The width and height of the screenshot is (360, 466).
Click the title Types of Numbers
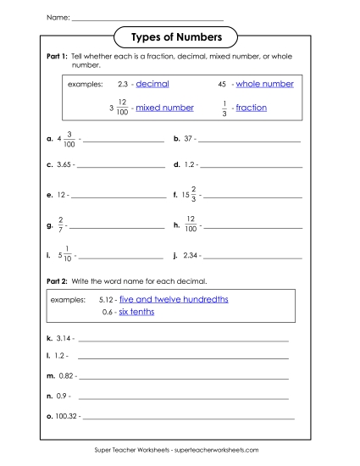click(x=176, y=37)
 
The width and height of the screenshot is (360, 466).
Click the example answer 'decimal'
click(x=152, y=84)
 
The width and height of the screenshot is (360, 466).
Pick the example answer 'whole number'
click(x=264, y=84)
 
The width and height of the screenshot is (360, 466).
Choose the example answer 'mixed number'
click(x=164, y=108)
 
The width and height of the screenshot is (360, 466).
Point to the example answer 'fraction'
click(x=251, y=108)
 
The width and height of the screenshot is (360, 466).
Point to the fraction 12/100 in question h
click(x=191, y=225)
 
